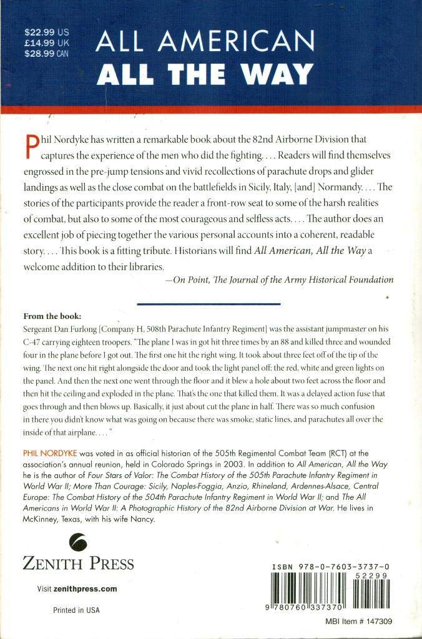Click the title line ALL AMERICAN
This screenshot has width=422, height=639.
click(205, 43)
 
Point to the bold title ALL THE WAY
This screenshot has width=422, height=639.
click(205, 74)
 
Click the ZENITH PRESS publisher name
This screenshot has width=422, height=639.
click(78, 564)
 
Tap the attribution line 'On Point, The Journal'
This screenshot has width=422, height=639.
click(279, 280)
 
